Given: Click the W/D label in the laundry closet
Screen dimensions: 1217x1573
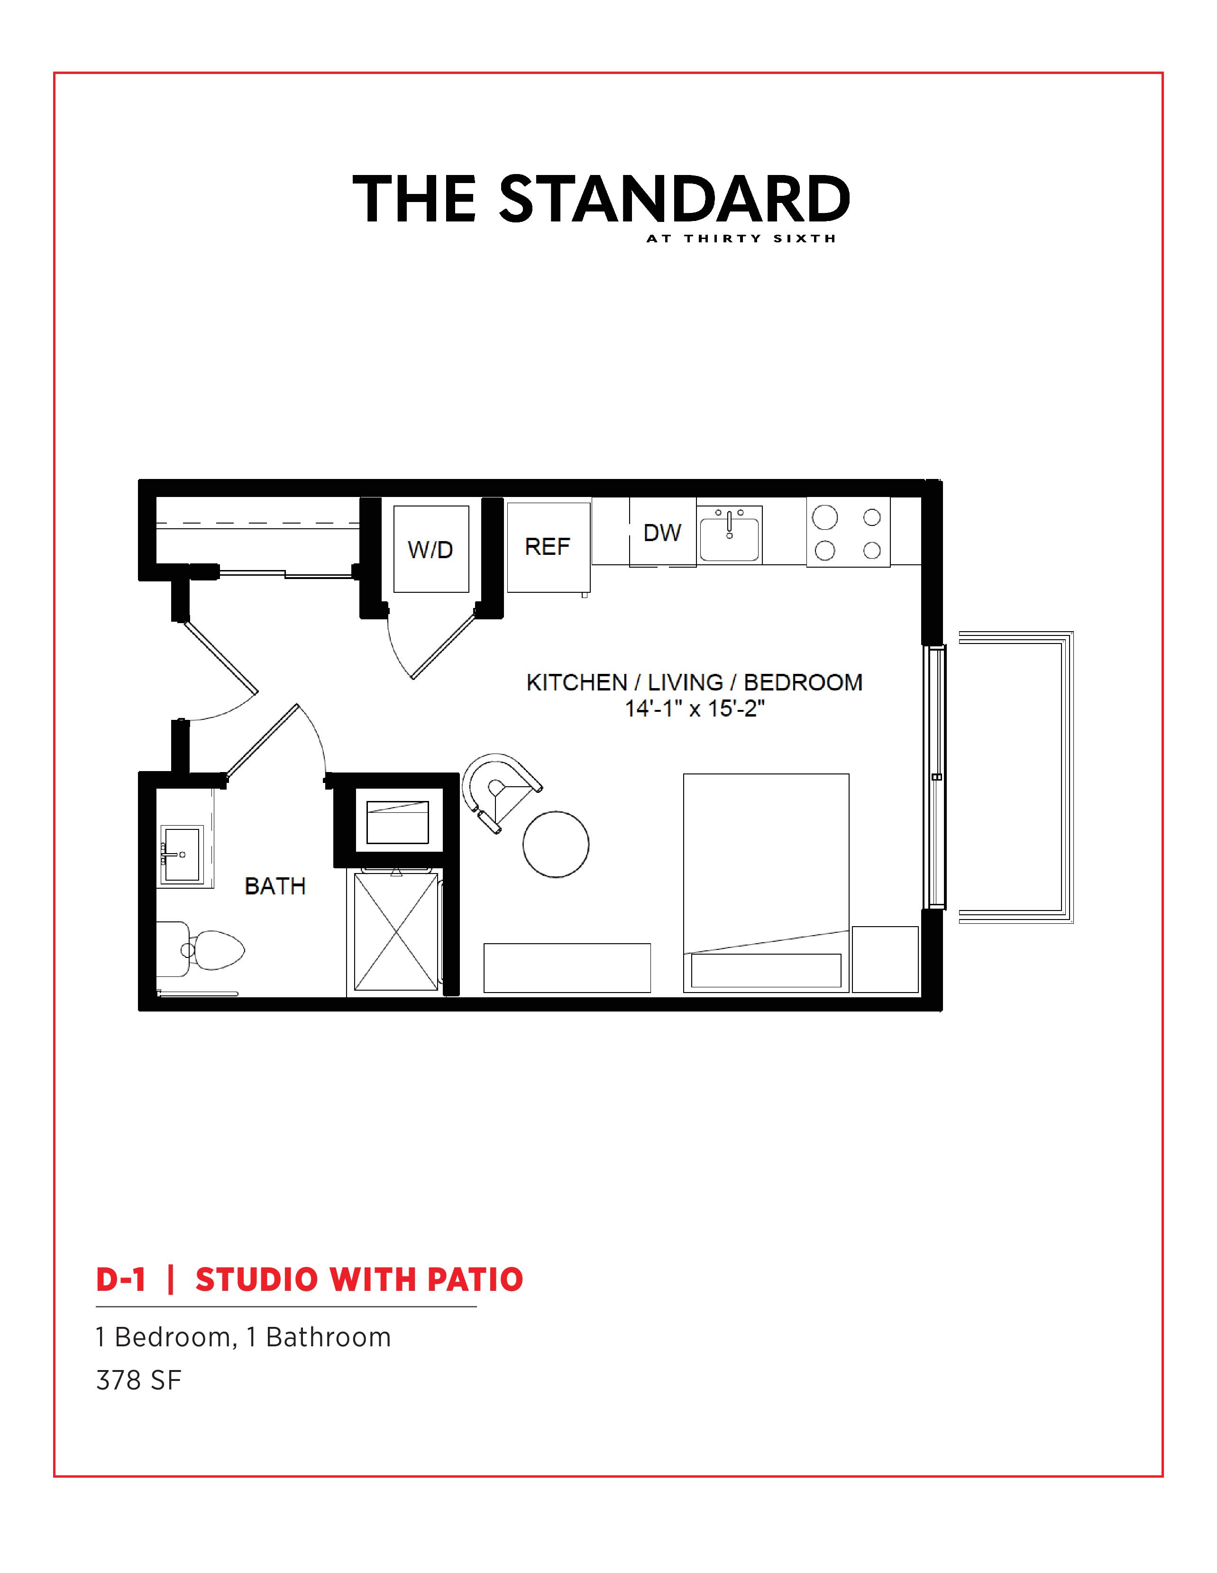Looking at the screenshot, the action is (430, 550).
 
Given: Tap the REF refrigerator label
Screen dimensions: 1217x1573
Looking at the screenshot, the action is (547, 547).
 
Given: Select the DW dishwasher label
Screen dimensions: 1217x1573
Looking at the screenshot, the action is (662, 533).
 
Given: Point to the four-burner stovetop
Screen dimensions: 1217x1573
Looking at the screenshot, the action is (848, 533).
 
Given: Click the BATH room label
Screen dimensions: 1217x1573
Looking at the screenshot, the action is (275, 886).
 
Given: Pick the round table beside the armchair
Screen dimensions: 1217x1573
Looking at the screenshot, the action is (556, 844).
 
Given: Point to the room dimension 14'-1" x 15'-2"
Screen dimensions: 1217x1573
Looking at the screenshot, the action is (694, 708).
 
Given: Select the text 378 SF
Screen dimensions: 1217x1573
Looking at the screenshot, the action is (138, 1380).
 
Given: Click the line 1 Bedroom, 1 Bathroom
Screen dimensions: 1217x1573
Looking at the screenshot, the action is (243, 1337).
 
